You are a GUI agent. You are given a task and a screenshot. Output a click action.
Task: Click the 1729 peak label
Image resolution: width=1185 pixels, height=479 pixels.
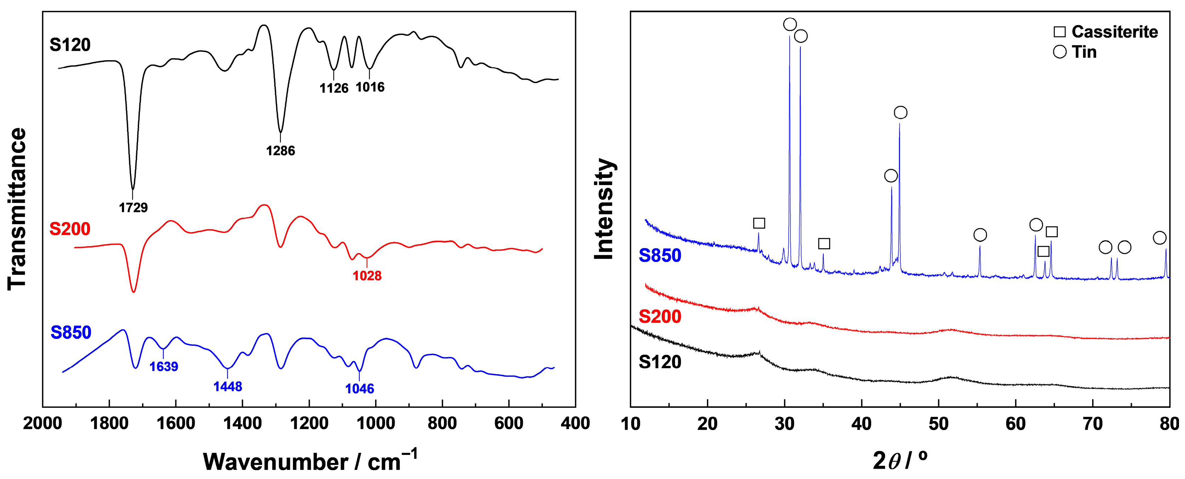(134, 208)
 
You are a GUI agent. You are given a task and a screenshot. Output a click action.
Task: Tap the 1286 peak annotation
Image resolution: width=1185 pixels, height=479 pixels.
(280, 151)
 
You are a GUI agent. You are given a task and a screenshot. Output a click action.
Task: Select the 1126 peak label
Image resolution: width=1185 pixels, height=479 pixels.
(334, 88)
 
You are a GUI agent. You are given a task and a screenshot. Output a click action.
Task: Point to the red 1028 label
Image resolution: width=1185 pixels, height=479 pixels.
(367, 276)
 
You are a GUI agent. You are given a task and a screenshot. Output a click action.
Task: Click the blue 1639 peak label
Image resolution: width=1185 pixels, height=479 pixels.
(164, 367)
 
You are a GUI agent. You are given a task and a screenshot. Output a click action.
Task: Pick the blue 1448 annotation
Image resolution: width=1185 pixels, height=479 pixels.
(228, 387)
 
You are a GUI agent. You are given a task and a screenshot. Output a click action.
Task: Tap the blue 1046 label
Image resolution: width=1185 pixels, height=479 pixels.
(360, 389)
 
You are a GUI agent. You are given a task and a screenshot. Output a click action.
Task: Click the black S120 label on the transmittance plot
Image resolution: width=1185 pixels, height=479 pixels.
(70, 45)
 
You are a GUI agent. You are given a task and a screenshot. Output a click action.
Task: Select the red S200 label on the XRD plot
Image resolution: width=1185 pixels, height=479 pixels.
(660, 317)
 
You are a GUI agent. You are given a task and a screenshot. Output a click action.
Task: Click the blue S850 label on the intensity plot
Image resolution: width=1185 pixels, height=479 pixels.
(660, 256)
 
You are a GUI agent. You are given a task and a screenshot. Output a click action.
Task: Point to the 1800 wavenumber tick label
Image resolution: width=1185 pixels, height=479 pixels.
(109, 423)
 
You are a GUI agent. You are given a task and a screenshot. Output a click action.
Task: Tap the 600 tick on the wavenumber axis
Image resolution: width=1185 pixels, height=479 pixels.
(509, 423)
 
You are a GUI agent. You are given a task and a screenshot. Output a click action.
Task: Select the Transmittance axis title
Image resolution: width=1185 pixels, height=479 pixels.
(17, 209)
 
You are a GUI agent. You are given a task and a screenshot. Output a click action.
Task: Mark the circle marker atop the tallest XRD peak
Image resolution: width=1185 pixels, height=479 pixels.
(790, 24)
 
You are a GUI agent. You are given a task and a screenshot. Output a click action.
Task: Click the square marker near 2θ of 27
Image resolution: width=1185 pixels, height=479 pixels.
(759, 223)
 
